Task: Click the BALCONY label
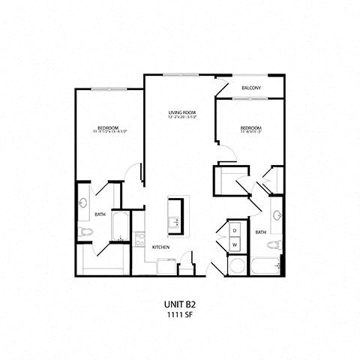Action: pos(251,88)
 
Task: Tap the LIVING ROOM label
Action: pos(181,112)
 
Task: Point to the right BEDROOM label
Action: pos(250,127)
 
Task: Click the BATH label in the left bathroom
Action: pos(100,215)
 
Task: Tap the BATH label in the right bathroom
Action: pos(260,232)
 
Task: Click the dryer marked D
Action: pos(234,230)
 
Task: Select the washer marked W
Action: pos(234,244)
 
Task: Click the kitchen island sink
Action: pos(175,220)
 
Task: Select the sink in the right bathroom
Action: pos(277,217)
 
